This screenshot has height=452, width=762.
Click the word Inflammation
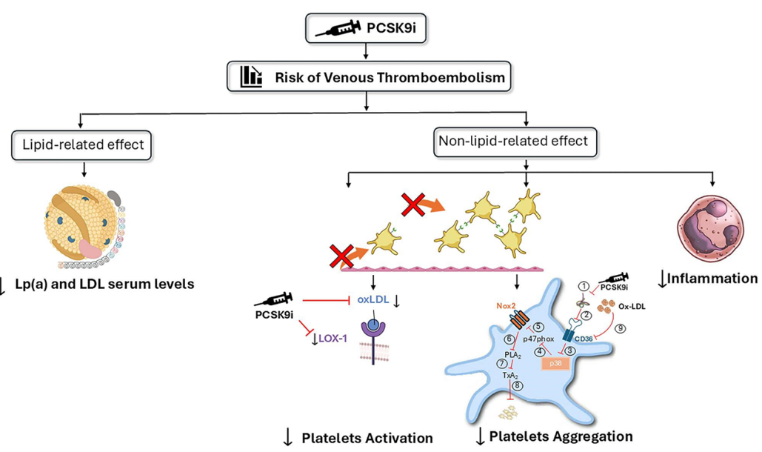(712, 279)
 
